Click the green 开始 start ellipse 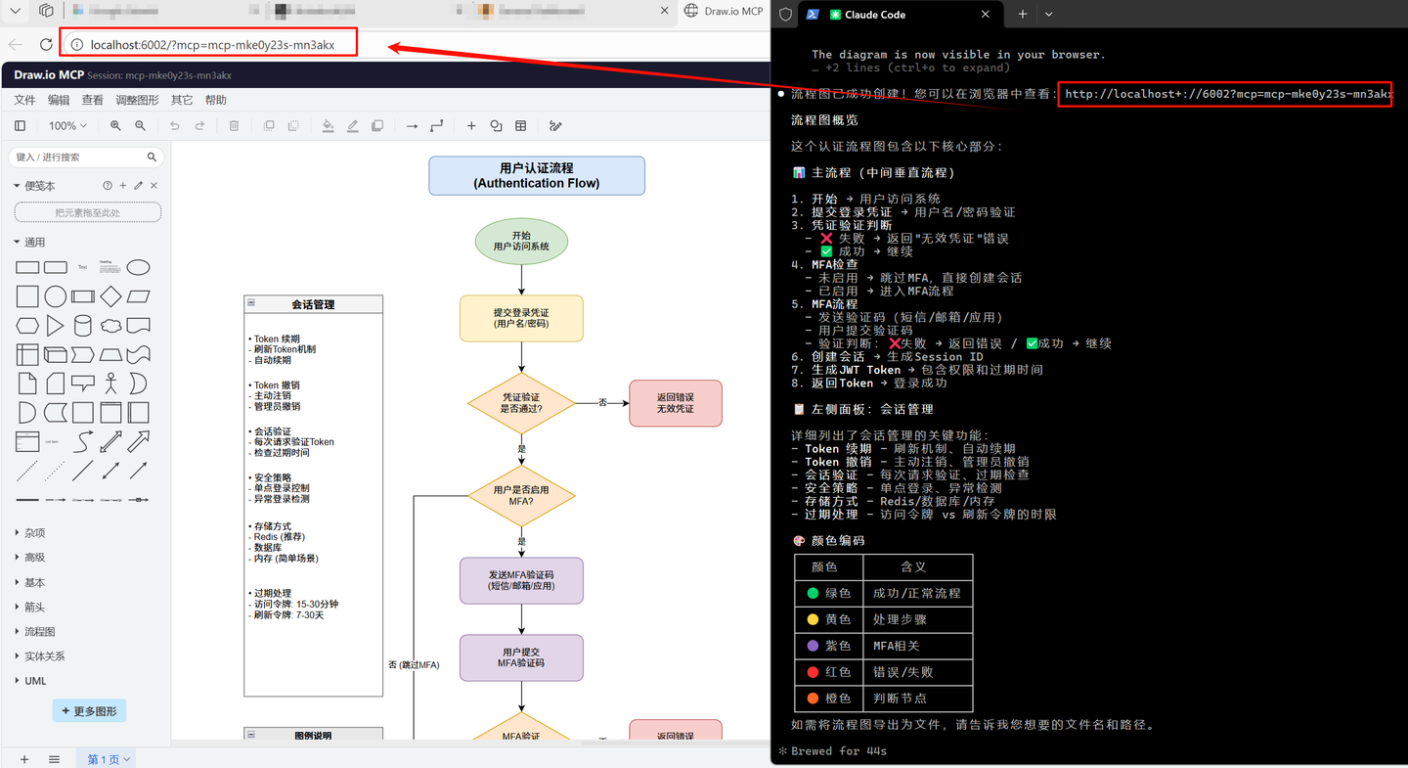[521, 242]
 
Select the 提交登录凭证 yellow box [521, 318]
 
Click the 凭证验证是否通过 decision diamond [521, 402]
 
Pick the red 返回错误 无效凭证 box [675, 403]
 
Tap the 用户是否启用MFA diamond [521, 496]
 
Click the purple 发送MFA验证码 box [521, 580]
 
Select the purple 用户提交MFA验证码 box [521, 657]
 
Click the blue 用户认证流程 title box [536, 176]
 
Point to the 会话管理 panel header [313, 304]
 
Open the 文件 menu [24, 100]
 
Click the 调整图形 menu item [137, 100]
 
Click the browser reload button [46, 44]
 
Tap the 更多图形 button [89, 711]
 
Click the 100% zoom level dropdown [67, 126]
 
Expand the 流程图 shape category [39, 632]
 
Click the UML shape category [35, 681]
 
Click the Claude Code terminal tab [867, 15]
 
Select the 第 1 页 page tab [108, 759]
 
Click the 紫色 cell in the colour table [829, 646]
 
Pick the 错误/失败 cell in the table [917, 672]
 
